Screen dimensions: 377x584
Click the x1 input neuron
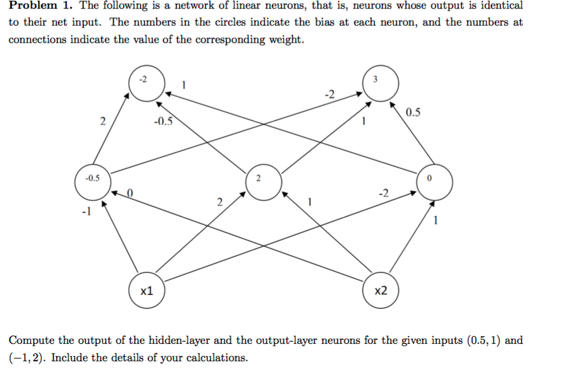coord(147,291)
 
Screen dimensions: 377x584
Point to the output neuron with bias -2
coord(145,84)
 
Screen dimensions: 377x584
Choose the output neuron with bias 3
coord(381,84)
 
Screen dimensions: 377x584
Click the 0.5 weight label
coord(412,113)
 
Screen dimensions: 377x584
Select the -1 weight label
coord(85,212)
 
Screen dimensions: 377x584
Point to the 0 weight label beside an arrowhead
coord(129,193)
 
